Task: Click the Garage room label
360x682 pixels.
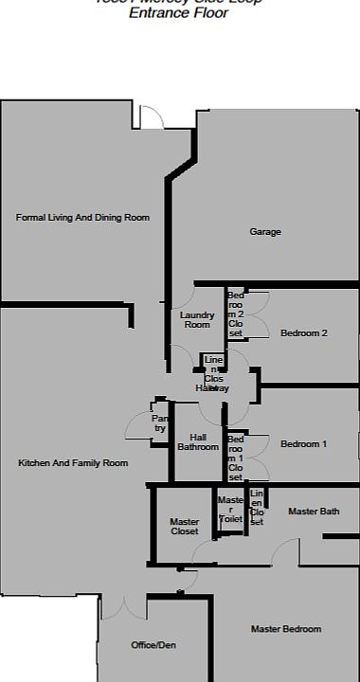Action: tap(265, 232)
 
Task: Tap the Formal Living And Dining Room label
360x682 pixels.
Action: tap(82, 218)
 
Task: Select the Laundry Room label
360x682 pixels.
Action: tap(197, 320)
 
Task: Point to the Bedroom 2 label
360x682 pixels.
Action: tap(304, 333)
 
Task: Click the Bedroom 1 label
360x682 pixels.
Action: tap(304, 444)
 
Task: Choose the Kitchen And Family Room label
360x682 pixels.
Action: tap(73, 463)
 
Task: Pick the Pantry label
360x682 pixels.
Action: tap(160, 422)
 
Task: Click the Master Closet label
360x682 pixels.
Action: tap(184, 527)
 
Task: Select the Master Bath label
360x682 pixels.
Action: tap(314, 511)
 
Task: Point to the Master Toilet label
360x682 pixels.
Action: tap(231, 510)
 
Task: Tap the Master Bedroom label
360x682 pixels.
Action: tap(286, 629)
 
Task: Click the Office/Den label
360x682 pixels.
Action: tap(153, 646)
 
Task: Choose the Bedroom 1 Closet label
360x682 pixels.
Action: tap(236, 458)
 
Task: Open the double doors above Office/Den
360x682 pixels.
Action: tap(124, 607)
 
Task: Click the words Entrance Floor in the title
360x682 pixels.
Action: tap(178, 13)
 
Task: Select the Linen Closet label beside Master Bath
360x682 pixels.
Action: tap(257, 508)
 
